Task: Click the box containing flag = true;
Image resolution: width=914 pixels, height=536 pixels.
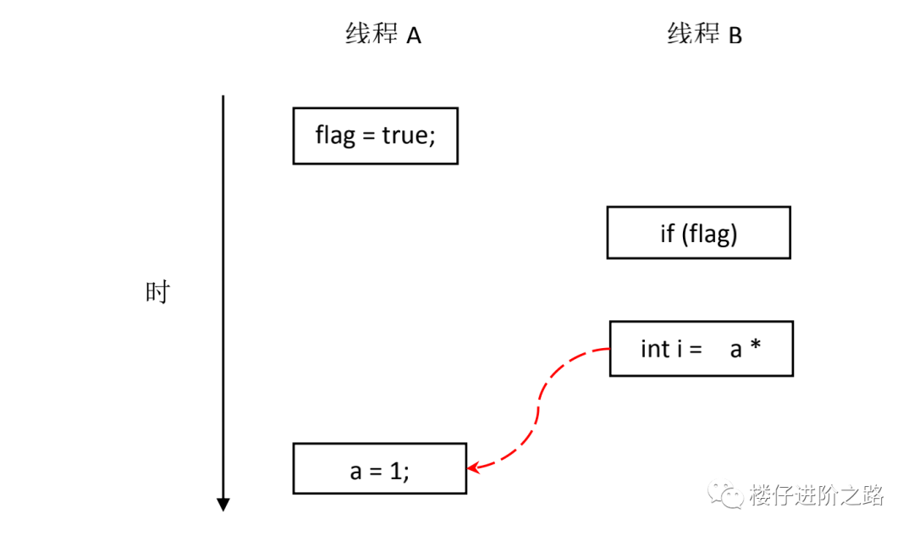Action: (375, 135)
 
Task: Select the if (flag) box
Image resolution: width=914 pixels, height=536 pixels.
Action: (698, 233)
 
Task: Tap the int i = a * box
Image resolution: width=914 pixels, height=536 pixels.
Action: (701, 348)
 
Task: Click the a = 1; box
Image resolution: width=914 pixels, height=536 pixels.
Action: (379, 468)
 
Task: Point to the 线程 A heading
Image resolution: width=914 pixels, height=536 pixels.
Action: (383, 35)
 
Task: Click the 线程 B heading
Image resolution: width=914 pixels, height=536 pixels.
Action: (704, 35)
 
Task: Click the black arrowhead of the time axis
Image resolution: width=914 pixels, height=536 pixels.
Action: (223, 505)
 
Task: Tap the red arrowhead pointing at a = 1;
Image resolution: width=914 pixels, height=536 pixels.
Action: (475, 466)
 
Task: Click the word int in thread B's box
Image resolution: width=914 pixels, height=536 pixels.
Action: (655, 348)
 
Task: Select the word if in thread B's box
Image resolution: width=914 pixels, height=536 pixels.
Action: (667, 233)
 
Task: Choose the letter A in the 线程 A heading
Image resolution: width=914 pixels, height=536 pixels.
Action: (414, 36)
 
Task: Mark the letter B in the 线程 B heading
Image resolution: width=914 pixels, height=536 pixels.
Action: (735, 36)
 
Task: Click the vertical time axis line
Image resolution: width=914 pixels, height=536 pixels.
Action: (223, 296)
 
